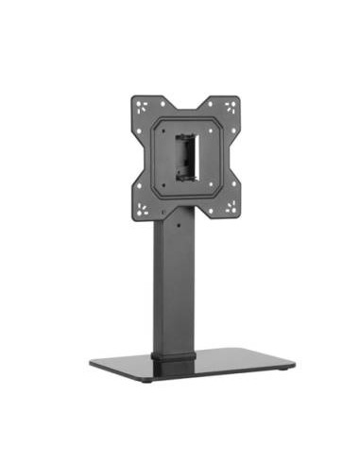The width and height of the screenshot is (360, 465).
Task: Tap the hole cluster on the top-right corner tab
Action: pyautogui.click(x=229, y=105)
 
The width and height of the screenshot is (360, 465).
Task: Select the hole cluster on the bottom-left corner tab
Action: pyautogui.click(x=143, y=209)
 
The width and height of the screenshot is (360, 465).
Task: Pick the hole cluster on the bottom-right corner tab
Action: pyautogui.click(x=230, y=208)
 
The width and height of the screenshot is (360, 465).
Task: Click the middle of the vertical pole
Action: pyautogui.click(x=176, y=293)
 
